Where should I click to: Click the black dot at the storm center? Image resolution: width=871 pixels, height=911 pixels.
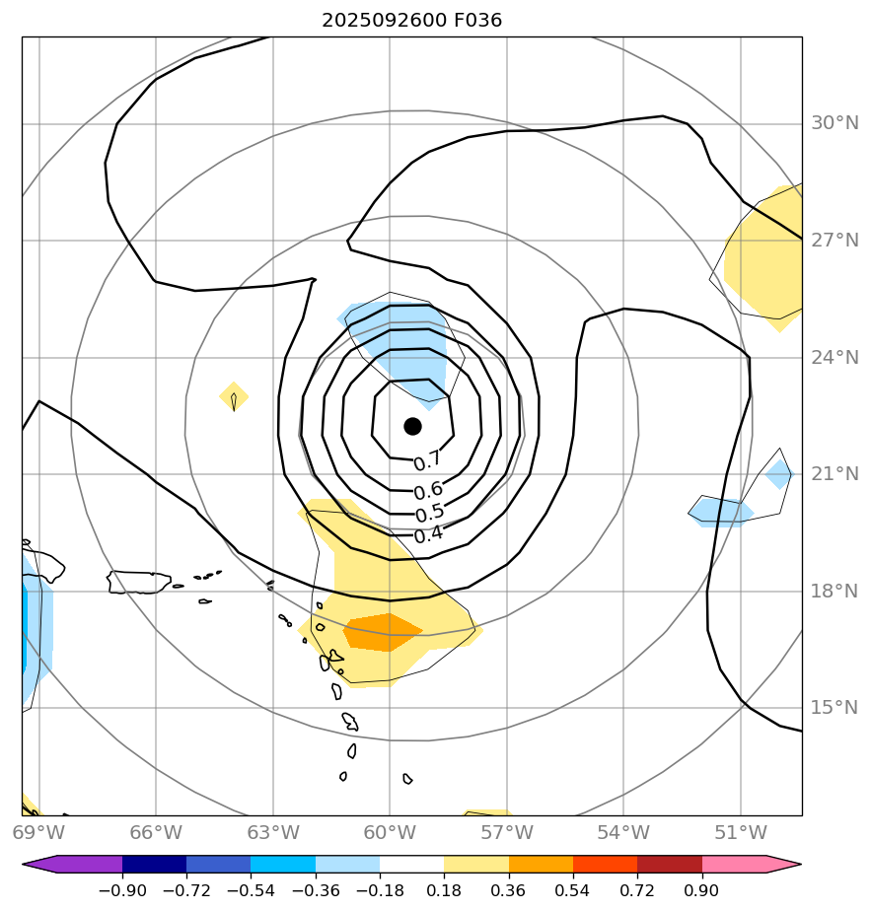(412, 426)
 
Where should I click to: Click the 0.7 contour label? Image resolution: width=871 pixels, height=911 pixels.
(427, 462)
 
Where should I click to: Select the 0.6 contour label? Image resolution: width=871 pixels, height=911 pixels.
(428, 490)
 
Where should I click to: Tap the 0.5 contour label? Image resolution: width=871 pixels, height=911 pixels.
(429, 514)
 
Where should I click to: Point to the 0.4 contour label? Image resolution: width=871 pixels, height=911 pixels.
(428, 535)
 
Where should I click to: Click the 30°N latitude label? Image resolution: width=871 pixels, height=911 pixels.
(835, 123)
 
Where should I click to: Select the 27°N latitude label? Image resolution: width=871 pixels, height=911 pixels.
(835, 241)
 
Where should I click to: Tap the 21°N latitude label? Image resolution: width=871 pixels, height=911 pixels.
(835, 474)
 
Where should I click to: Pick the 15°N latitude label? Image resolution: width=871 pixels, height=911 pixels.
(835, 708)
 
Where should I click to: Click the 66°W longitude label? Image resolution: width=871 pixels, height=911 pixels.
(156, 833)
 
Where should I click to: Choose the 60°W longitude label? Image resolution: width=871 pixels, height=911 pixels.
(390, 833)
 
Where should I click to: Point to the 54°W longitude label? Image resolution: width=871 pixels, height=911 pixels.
(622, 833)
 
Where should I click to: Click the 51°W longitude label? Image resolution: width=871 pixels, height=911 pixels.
(740, 833)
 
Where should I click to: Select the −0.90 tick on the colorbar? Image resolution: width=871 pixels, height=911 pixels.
(122, 890)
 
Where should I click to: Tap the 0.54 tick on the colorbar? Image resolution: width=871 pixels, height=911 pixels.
(573, 890)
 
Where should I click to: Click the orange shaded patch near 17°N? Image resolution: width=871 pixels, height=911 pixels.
(382, 631)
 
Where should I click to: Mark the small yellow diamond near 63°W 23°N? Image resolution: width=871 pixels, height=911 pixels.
(234, 397)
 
